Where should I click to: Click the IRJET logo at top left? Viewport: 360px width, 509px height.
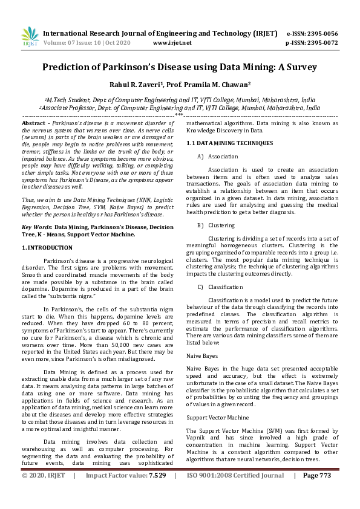tap(30, 37)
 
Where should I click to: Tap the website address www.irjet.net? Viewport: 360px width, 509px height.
tap(172, 43)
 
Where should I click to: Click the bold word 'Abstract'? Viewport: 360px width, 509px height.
tap(33, 123)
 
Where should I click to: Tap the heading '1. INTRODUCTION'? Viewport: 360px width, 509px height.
tap(47, 248)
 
